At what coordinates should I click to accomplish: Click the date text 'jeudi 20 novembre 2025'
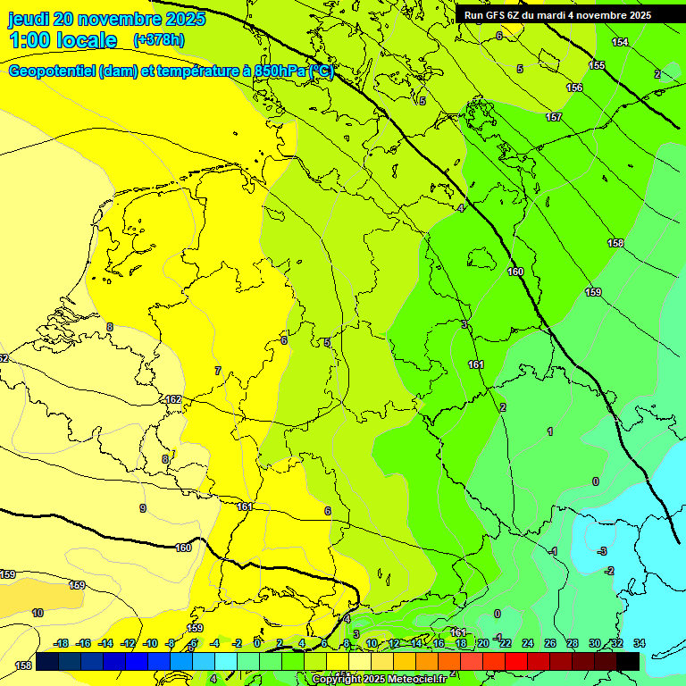[x=106, y=19]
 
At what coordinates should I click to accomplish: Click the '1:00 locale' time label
[x=63, y=40]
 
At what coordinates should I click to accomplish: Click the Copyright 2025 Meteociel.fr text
[x=379, y=679]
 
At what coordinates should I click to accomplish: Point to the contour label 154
[x=620, y=42]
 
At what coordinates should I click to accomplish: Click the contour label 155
[x=597, y=65]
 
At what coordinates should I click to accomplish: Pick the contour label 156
[x=575, y=88]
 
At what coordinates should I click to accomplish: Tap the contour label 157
[x=554, y=117]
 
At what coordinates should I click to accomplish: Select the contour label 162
[x=173, y=399]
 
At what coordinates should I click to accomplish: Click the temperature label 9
[x=142, y=508]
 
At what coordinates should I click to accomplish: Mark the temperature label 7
[x=217, y=371]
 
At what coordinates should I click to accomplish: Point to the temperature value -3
[x=603, y=550]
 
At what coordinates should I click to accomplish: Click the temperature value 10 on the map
[x=38, y=613]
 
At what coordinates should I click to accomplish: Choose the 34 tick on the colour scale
[x=639, y=643]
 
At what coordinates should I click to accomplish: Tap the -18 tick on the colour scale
[x=62, y=643]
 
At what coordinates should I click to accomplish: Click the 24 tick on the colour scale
[x=528, y=643]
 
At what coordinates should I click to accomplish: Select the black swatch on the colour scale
[x=628, y=661]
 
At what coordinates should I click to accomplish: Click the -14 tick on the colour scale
[x=105, y=643]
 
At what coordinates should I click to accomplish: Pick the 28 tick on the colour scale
[x=573, y=643]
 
